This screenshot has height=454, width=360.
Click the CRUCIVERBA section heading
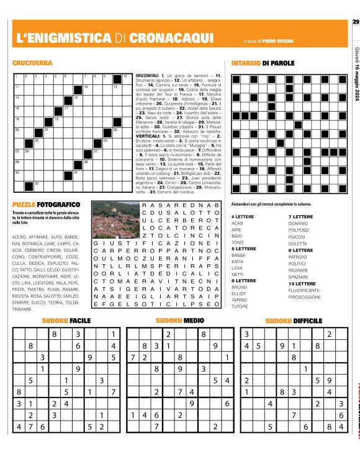pyautogui.click(x=32, y=63)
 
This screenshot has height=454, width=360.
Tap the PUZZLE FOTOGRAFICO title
pyautogui.click(x=46, y=204)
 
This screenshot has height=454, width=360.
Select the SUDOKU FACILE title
pyautogui.click(x=66, y=321)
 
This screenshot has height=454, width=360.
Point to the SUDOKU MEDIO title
pyautogui.click(x=179, y=321)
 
